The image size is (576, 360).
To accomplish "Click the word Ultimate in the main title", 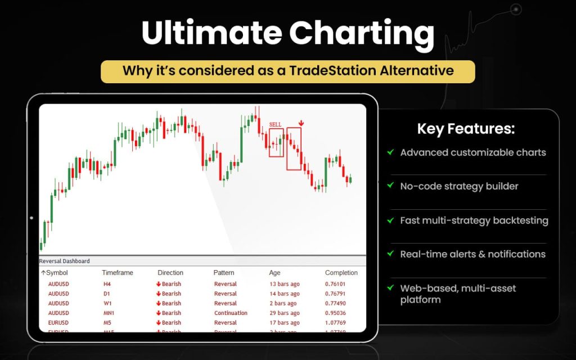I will coord(209,34).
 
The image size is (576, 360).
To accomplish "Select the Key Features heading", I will coord(465,129).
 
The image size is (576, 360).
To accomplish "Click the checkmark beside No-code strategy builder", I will coord(390,186).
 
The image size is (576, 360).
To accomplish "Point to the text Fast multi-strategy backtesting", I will coord(474,220).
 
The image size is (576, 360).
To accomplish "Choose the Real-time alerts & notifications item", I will coord(472,254).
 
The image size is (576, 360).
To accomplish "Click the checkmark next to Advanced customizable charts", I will coord(390,152).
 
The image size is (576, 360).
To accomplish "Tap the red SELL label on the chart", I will coord(275,124).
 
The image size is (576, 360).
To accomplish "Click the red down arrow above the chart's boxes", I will coord(301,122).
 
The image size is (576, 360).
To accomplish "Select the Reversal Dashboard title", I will coord(64,261).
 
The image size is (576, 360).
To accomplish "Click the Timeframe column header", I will coord(117,273).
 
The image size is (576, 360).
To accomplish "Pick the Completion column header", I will coord(341,273).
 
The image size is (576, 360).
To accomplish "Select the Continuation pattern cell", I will coord(231,313).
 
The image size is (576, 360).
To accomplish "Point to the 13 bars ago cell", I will coord(285,284).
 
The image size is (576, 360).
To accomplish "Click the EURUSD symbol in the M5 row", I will coord(58,322).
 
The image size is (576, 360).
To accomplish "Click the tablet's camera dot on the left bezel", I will coord(31,218).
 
